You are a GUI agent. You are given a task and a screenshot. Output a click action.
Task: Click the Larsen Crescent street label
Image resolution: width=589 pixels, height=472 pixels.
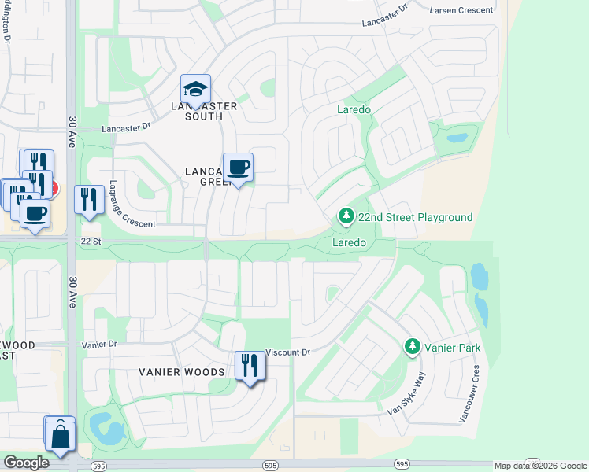pyautogui.click(x=462, y=9)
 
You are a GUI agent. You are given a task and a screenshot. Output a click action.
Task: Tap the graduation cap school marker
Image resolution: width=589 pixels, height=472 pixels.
pyautogui.click(x=195, y=89)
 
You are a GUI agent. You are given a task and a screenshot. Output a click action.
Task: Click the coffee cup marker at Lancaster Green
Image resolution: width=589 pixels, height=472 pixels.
pyautogui.click(x=238, y=168)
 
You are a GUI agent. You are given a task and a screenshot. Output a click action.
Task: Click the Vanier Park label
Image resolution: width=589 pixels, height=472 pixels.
pyautogui.click(x=453, y=347)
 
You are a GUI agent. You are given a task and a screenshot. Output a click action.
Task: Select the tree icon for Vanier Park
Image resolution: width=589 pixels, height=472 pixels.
pyautogui.click(x=412, y=346)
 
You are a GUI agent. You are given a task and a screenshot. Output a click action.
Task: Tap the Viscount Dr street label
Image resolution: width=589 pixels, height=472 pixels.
pyautogui.click(x=288, y=352)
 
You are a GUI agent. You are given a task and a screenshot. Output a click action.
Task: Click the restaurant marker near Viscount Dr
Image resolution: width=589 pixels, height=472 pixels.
pyautogui.click(x=250, y=366)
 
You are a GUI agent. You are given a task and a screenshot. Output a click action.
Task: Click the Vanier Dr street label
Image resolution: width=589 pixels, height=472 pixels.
pyautogui.click(x=98, y=345)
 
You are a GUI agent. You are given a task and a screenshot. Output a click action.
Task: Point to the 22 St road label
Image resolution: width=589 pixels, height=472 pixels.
pyautogui.click(x=91, y=241)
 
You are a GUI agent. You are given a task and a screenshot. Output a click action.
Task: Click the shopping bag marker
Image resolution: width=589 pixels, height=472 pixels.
pyautogui.click(x=60, y=434)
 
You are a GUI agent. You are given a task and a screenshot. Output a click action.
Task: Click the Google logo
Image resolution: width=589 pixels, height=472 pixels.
pyautogui.click(x=27, y=463)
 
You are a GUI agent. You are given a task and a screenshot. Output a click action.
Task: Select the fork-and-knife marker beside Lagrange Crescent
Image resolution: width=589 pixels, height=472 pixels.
pyautogui.click(x=89, y=199)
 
